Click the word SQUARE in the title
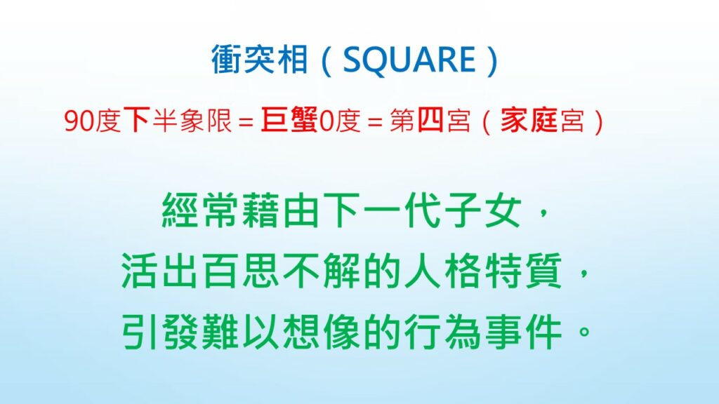(x=409, y=60)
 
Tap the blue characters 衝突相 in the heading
(x=259, y=60)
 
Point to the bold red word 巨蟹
(x=289, y=121)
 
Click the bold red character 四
(x=430, y=121)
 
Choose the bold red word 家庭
(x=529, y=121)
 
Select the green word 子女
(x=483, y=211)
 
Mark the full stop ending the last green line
(x=584, y=331)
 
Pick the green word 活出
(x=161, y=271)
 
